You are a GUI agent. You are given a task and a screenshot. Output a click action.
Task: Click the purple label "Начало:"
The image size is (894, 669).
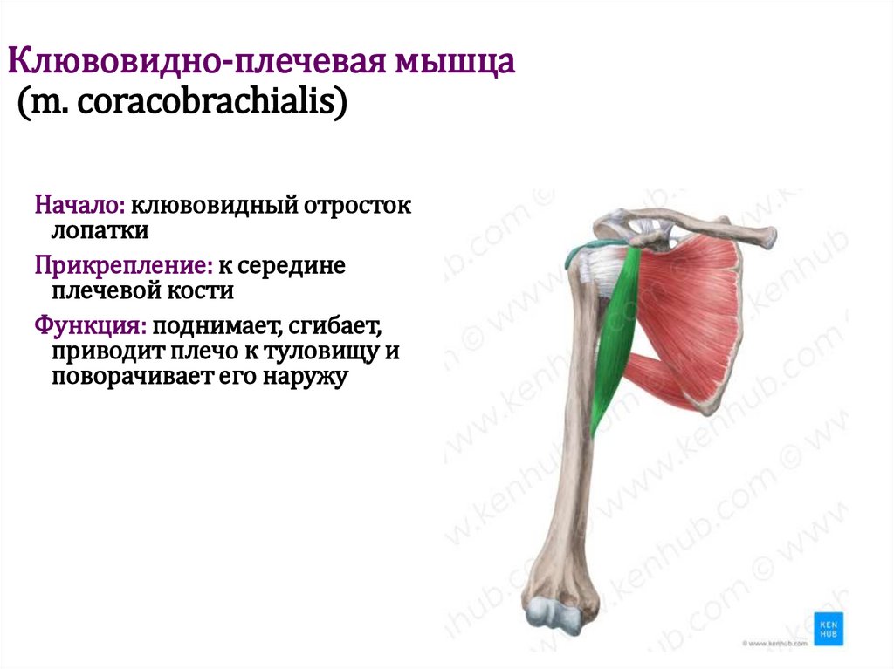pos(80,207)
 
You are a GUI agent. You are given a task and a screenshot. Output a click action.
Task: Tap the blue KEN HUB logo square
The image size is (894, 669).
pos(828,628)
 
